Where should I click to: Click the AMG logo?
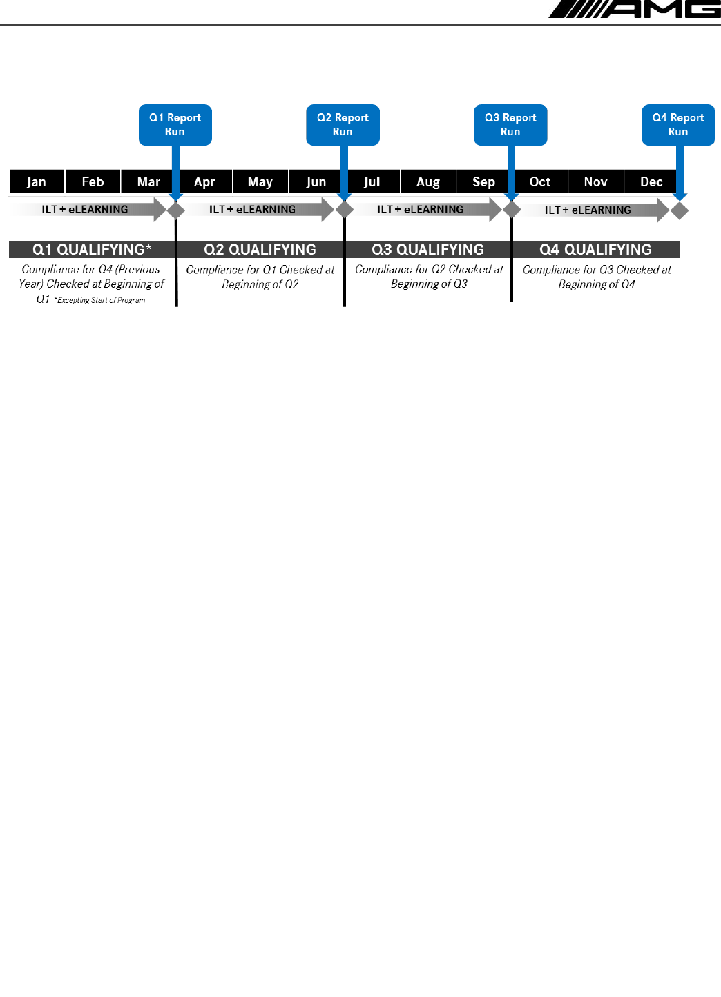click(634, 9)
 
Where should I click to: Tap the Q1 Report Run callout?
click(175, 125)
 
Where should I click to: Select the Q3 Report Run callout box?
click(510, 125)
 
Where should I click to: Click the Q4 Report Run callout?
click(677, 125)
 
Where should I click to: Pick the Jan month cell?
click(37, 181)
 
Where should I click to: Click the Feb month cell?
click(93, 181)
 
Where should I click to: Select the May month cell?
click(260, 181)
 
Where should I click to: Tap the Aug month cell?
click(428, 181)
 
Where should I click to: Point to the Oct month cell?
click(540, 181)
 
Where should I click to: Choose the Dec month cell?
click(651, 181)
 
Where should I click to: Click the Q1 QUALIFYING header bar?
click(93, 249)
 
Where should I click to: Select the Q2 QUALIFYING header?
click(260, 249)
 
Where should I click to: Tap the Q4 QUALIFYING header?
click(595, 249)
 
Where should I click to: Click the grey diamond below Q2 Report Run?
click(344, 210)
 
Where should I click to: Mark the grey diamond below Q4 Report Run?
click(680, 210)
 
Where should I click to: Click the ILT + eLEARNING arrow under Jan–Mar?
click(86, 209)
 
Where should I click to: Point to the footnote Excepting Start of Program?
click(100, 301)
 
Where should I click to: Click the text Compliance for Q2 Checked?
click(429, 270)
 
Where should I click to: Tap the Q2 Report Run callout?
click(343, 125)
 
